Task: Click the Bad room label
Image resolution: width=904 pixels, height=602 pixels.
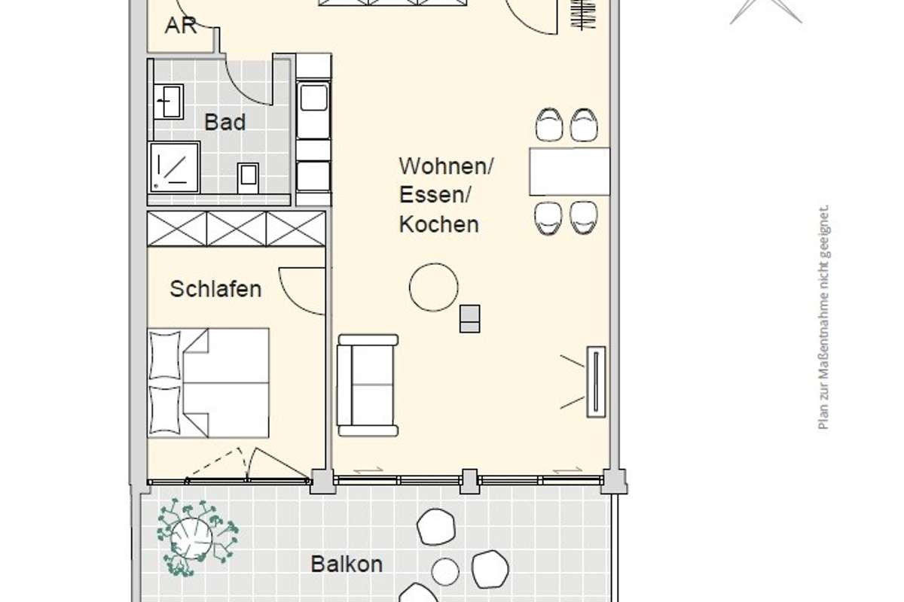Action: point(224,122)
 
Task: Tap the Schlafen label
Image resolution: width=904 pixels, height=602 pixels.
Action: point(215,289)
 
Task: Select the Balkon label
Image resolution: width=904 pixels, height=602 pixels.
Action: point(347,564)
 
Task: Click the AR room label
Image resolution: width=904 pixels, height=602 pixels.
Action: point(181,26)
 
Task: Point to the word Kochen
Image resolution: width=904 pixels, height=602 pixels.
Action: point(438,224)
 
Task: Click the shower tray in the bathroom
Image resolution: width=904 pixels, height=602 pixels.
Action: point(174,167)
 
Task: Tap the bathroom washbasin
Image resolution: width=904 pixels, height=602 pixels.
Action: point(168,102)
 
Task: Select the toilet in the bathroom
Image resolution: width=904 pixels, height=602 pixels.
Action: point(248,178)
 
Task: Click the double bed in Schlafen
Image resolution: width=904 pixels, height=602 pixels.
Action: point(208,383)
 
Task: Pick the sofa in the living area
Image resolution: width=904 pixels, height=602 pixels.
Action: point(368,385)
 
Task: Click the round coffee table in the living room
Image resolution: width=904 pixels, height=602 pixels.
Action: point(433,287)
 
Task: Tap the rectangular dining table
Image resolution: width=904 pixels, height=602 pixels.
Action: point(570,172)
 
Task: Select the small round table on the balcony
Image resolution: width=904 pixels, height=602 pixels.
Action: point(445,571)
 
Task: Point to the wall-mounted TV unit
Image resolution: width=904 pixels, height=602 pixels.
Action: point(596,382)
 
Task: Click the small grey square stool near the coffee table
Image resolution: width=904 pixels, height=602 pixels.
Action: point(470,318)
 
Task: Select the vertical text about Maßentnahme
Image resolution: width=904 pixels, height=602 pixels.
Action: point(823,318)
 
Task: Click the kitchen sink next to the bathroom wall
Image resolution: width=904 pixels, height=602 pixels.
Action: point(313,98)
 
